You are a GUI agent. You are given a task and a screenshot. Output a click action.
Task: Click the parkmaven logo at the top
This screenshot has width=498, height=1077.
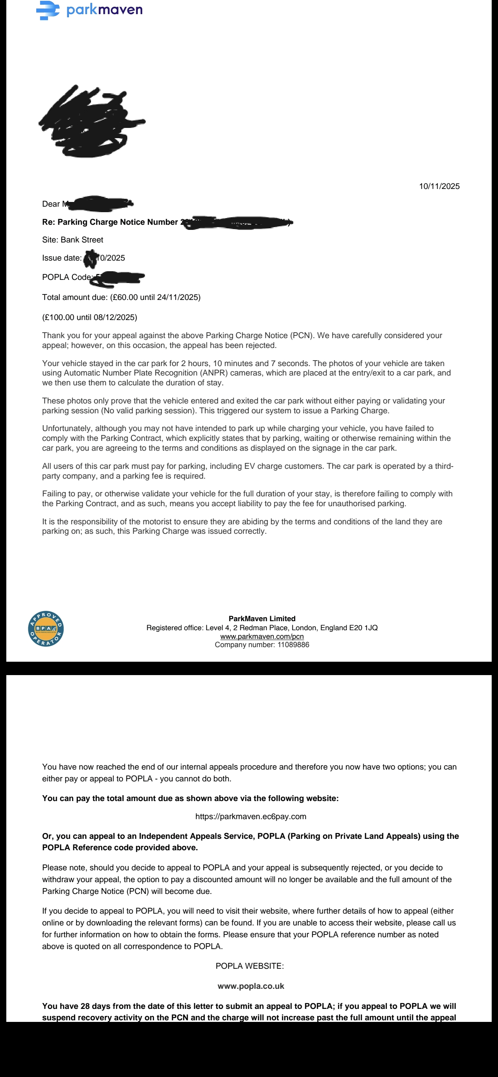(x=89, y=9)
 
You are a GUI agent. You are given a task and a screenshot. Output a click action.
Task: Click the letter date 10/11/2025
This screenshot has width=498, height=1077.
(x=439, y=187)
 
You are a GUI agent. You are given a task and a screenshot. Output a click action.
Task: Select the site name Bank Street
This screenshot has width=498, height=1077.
(x=82, y=240)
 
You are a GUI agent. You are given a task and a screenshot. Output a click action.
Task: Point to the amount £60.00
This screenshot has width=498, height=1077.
(x=125, y=297)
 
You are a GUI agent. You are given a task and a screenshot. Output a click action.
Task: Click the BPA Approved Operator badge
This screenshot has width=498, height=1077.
(x=46, y=628)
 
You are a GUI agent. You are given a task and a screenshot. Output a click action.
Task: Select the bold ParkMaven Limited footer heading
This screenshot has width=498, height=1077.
(x=262, y=619)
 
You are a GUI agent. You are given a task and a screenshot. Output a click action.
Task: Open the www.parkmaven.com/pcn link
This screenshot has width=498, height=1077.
(x=262, y=637)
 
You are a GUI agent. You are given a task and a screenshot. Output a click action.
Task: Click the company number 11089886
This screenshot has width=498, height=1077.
(x=293, y=645)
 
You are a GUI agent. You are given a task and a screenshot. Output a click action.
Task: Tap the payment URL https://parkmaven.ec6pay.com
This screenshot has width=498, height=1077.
(x=251, y=816)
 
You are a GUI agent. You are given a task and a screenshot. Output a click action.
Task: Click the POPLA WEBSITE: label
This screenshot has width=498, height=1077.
(x=249, y=966)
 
